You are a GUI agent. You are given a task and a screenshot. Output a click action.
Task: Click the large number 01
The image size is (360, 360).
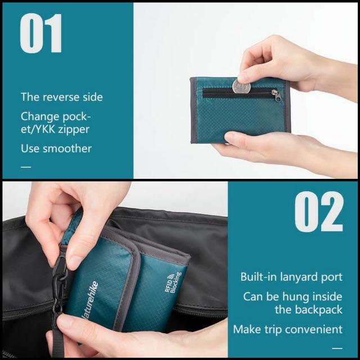point(41,33)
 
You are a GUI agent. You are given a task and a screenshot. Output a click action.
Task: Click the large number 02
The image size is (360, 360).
point(319,211)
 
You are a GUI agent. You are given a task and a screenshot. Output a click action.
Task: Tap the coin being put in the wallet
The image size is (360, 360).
point(241,87)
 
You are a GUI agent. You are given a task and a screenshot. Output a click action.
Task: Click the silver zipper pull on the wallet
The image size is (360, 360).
point(276,95)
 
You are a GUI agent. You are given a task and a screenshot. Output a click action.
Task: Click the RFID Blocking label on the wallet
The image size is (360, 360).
point(173,282)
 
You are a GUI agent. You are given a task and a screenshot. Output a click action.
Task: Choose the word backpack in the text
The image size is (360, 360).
point(319,309)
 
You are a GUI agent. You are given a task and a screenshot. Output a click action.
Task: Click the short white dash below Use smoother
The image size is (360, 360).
point(26,167)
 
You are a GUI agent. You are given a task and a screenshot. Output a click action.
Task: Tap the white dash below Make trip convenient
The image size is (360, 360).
point(337,349)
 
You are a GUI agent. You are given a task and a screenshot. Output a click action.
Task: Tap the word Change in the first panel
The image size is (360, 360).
point(40,117)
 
